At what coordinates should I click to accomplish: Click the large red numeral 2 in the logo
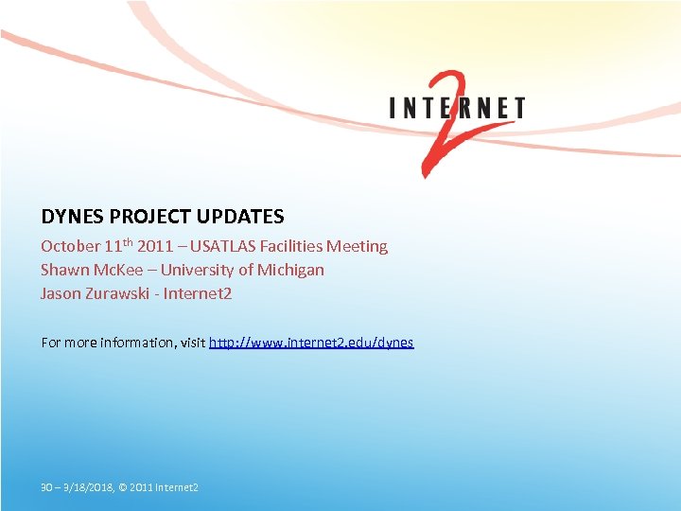(x=444, y=128)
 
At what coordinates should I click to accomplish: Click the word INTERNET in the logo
(x=457, y=108)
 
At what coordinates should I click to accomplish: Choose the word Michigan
(x=290, y=270)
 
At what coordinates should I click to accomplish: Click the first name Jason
(x=60, y=293)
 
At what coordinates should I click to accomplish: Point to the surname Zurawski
(x=118, y=293)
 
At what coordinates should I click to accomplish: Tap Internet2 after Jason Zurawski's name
(x=198, y=293)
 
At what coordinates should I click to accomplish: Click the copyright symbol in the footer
(x=124, y=487)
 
